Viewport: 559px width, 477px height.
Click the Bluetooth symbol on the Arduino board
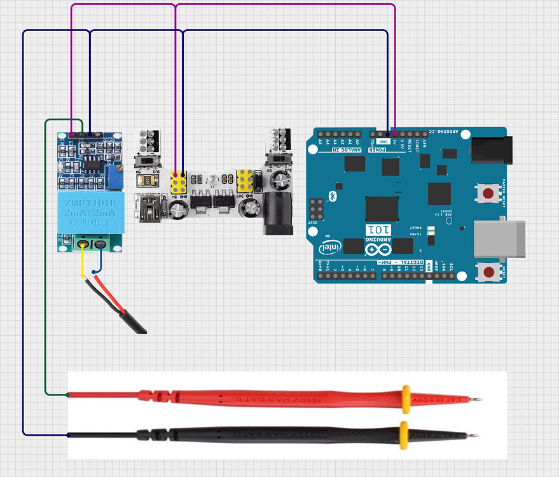click(331, 194)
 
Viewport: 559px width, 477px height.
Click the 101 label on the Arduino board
click(375, 229)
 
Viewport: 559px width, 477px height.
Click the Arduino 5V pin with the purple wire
click(395, 134)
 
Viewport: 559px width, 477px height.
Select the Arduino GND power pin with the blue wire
click(387, 134)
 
